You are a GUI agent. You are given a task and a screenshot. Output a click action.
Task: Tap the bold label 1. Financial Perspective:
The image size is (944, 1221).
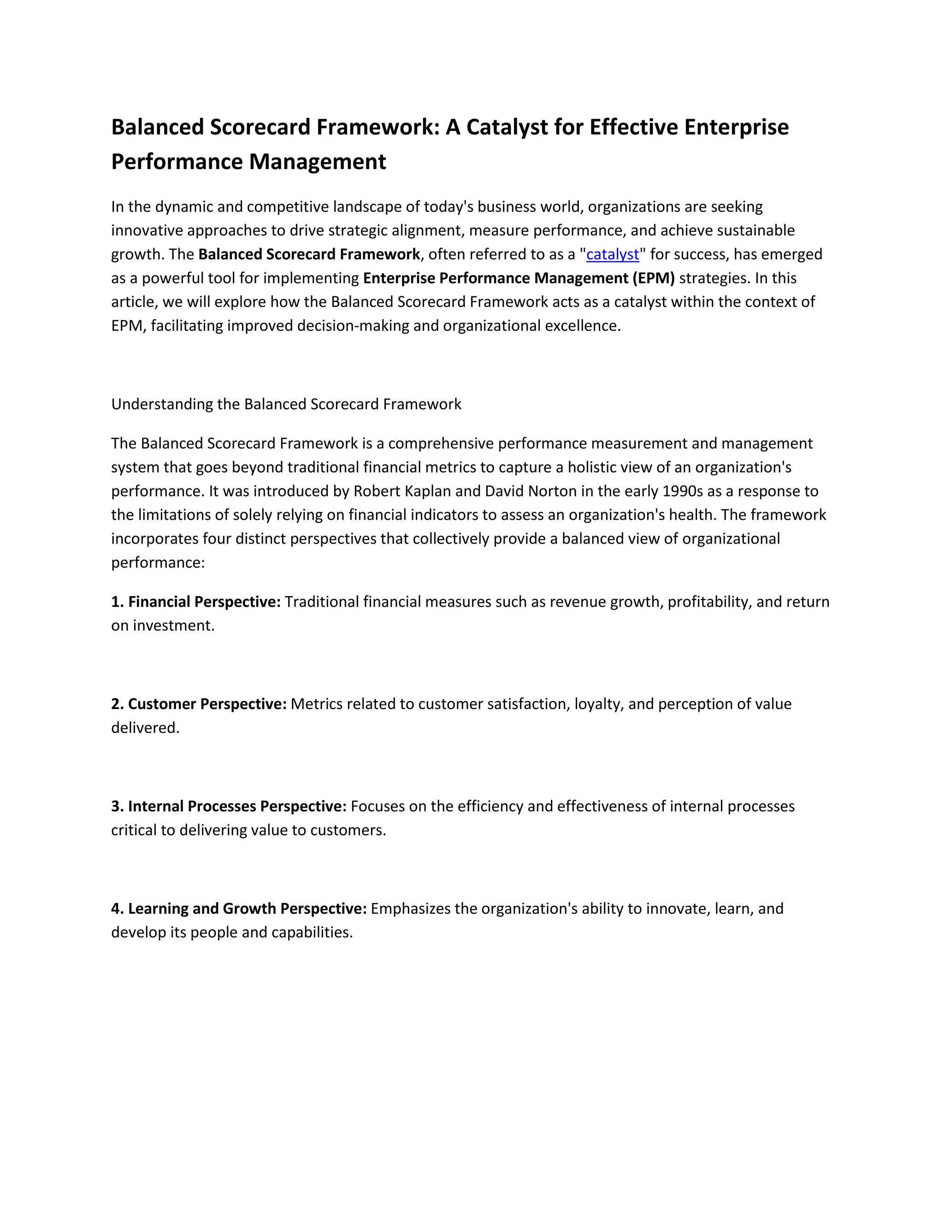(196, 602)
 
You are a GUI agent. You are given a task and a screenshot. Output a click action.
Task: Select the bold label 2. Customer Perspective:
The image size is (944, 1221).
(199, 704)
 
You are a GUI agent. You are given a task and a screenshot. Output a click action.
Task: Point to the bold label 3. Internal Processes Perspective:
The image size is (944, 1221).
(229, 806)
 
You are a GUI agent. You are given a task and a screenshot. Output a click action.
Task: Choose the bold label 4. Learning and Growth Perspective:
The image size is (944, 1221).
(239, 909)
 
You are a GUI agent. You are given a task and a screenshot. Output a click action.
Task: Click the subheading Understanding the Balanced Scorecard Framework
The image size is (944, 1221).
(286, 404)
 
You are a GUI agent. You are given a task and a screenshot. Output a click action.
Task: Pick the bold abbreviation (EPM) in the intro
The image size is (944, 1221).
(654, 278)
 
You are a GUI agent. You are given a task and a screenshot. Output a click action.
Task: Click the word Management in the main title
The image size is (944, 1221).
(317, 162)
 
